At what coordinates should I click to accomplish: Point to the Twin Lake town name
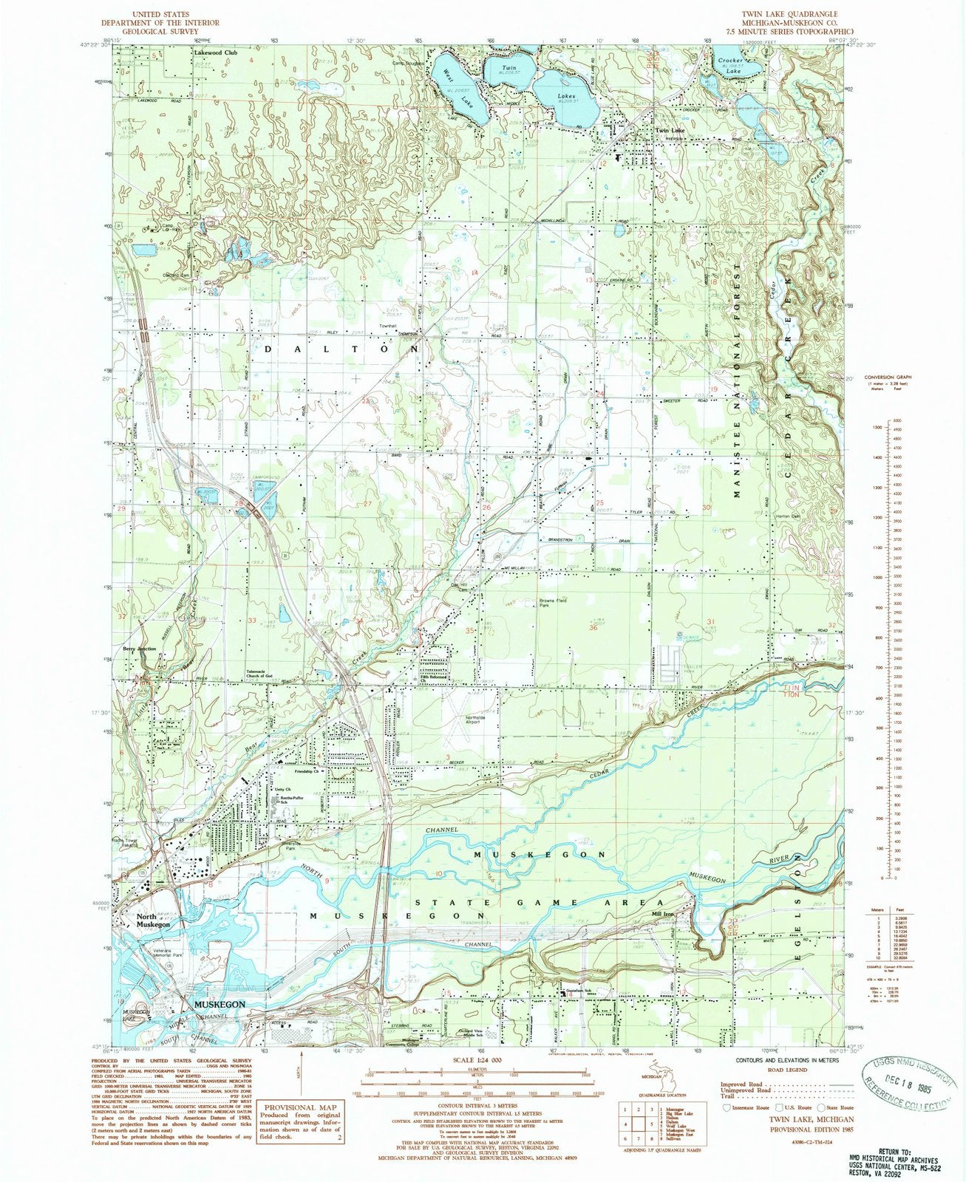(x=670, y=131)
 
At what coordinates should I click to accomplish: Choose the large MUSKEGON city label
(x=219, y=1005)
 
